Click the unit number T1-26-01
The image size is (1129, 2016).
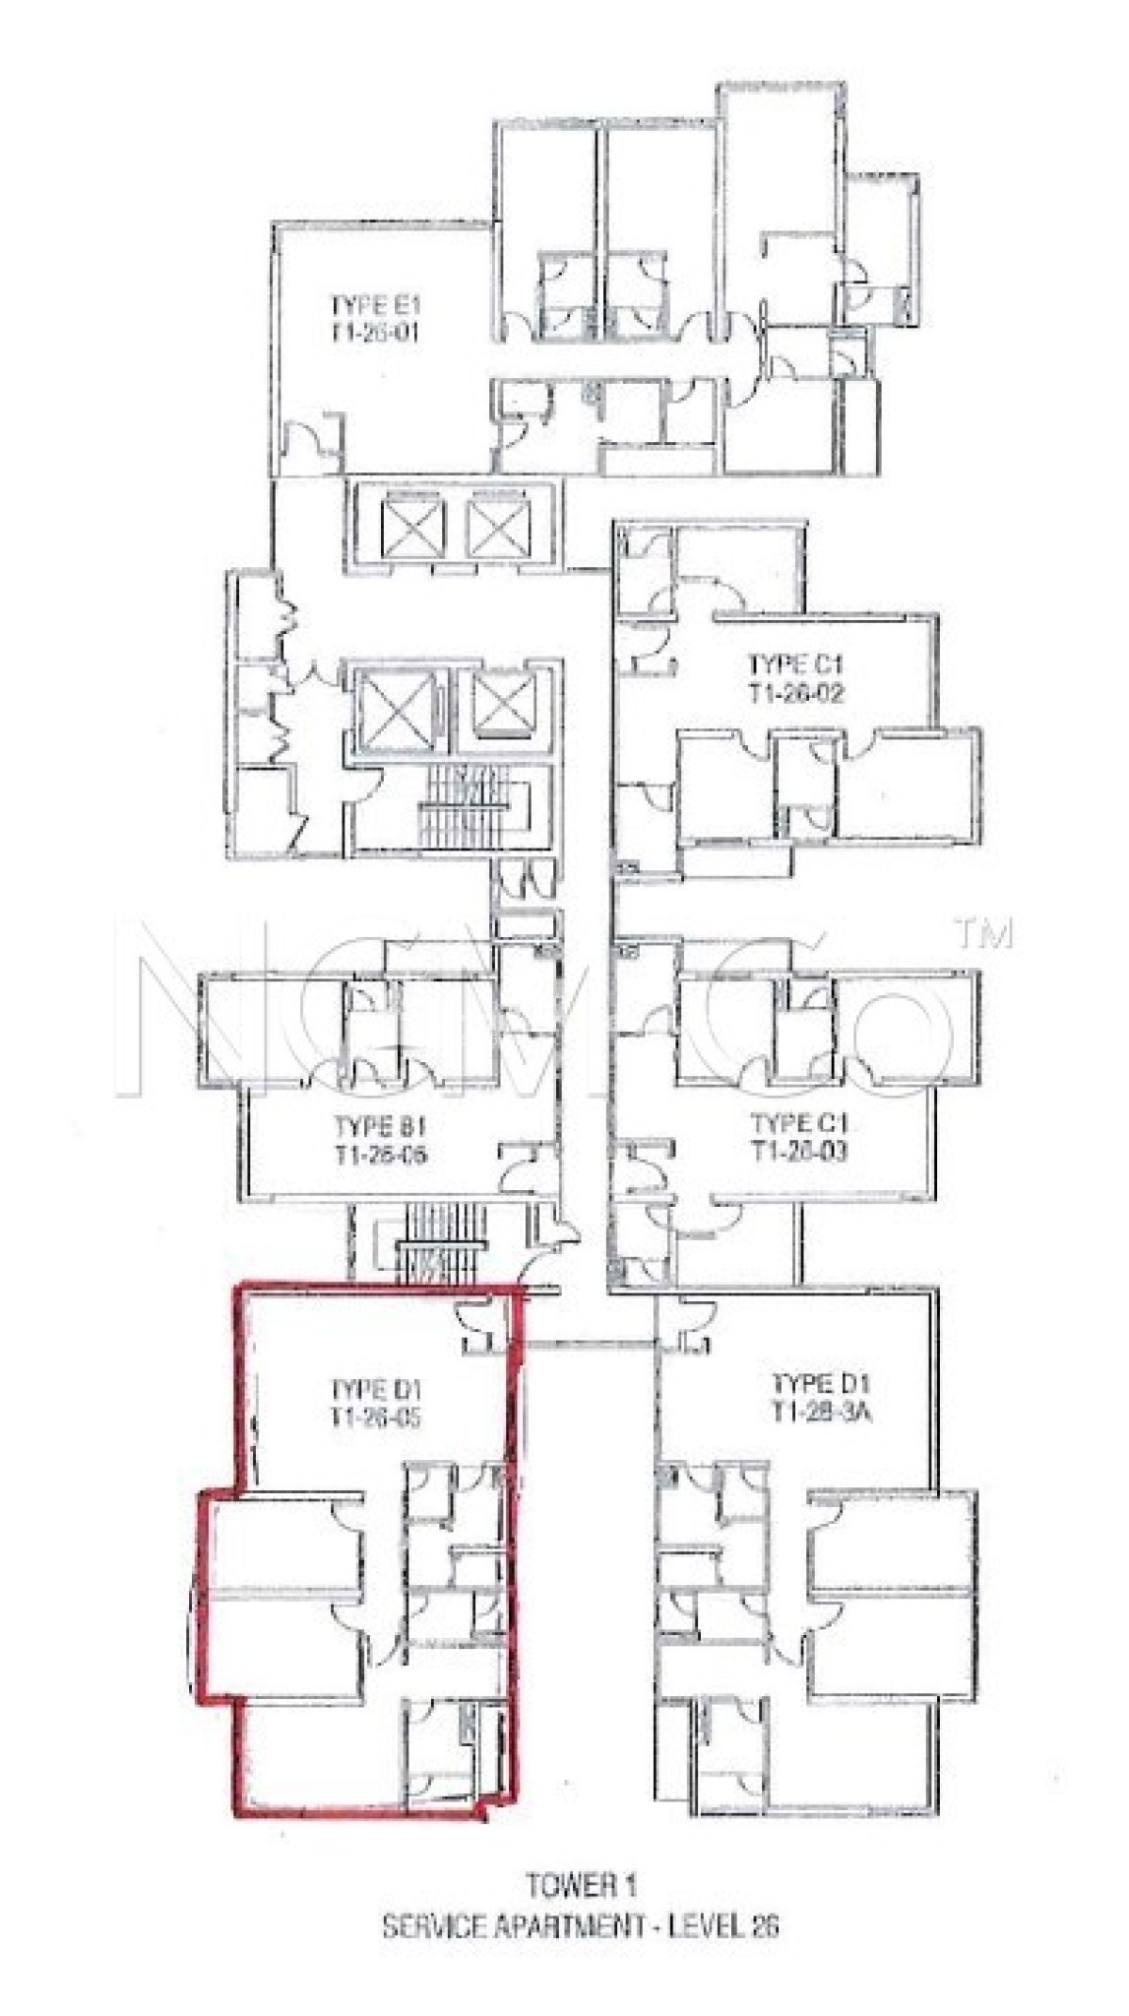coord(374,332)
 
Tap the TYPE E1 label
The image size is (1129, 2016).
coord(375,303)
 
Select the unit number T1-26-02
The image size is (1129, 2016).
coord(796,694)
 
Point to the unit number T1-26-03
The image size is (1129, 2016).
coord(799,1151)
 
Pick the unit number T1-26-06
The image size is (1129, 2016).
coord(381,1155)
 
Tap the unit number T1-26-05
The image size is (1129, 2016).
coord(376,1418)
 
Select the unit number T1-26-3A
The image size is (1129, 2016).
coord(823,1413)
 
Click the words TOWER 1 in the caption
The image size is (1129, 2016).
coord(581,1886)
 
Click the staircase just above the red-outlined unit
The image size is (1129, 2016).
coord(442,1242)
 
